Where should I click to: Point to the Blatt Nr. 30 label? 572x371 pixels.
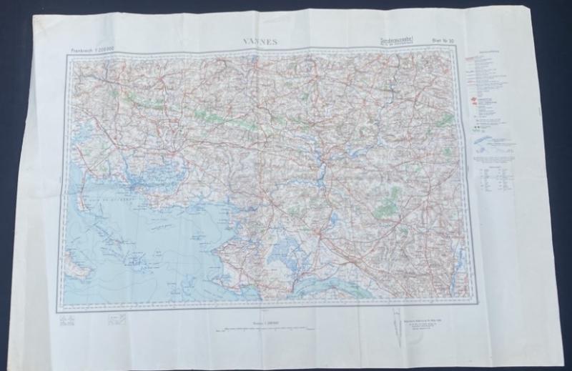click(x=435, y=46)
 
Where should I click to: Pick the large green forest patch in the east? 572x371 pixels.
click(x=387, y=207)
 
